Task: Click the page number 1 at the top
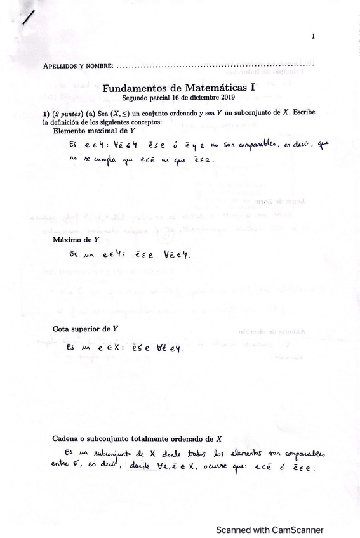313,36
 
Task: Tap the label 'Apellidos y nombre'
78,66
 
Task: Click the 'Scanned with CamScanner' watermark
269,530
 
